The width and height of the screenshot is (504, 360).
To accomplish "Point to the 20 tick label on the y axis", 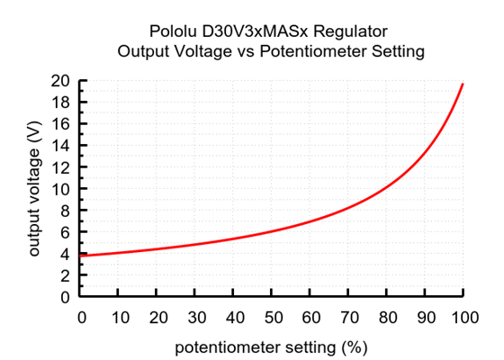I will tap(61, 81).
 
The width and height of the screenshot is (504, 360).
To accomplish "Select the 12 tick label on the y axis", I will tap(61, 167).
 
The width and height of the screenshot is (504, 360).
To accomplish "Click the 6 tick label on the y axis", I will tap(66, 232).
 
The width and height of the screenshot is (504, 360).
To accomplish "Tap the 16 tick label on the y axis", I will tap(61, 124).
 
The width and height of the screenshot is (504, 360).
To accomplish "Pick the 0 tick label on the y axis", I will tap(66, 297).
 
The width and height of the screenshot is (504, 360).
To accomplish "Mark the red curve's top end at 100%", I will tap(463, 84).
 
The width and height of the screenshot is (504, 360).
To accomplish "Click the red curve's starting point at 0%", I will tap(81, 256).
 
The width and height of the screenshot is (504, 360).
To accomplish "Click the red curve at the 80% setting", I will tap(386, 189).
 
